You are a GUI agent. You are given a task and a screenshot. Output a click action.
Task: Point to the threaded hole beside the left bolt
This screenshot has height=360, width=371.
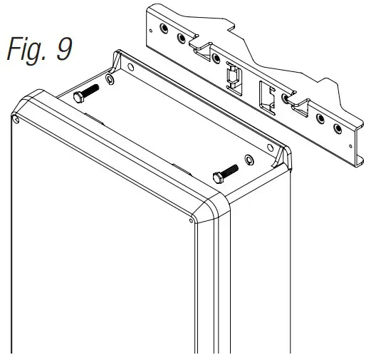click(x=108, y=78)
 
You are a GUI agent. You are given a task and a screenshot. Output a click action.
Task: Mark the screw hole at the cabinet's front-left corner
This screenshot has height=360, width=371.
click(x=15, y=118)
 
